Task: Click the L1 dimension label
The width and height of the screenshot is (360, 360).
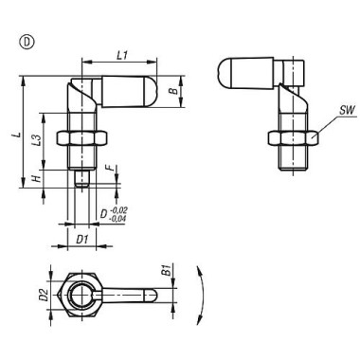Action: click(x=122, y=57)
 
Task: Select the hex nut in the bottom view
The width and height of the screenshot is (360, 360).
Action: click(x=83, y=297)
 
